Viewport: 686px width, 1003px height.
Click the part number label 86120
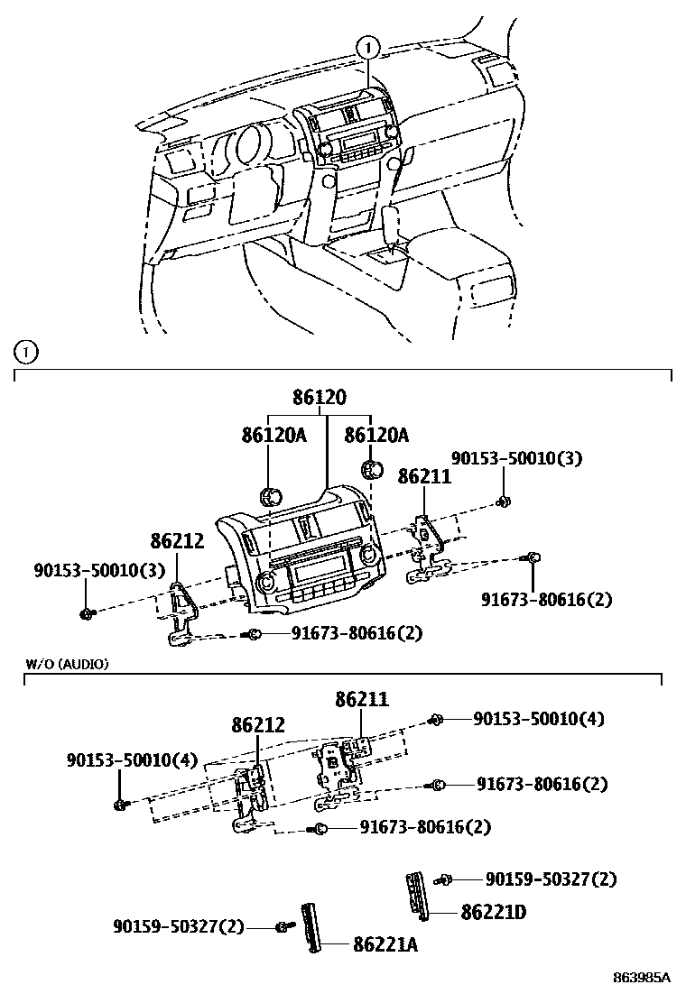point(319,398)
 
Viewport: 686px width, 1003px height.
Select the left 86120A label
point(273,436)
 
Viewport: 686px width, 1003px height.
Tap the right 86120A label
point(376,436)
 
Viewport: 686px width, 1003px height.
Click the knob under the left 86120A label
point(268,494)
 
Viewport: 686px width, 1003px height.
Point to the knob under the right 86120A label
point(369,469)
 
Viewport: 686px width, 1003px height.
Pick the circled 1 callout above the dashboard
point(368,45)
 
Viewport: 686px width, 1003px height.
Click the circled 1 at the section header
point(27,352)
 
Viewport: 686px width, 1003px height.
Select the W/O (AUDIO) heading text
point(67,664)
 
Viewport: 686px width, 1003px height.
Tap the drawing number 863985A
point(642,977)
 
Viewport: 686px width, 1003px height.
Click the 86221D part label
point(493,913)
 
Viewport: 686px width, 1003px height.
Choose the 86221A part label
point(385,944)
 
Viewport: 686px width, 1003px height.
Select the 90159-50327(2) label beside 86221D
point(551,879)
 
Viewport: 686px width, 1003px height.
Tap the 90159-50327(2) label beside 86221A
point(179,926)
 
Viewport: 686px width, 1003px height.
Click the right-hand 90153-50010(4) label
point(539,719)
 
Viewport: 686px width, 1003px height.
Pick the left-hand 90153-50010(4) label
point(131,760)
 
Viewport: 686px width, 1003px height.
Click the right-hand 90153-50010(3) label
point(516,459)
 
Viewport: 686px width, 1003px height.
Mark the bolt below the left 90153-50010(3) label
point(87,614)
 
